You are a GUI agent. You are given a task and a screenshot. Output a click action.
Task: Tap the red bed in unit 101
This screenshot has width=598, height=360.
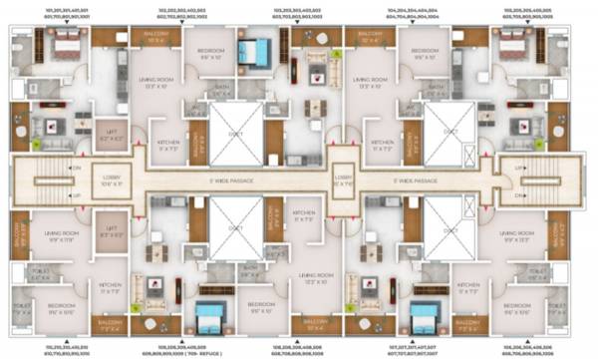pos(67,46)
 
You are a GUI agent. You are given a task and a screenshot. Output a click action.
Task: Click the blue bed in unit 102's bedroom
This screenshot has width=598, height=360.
pos(256,51)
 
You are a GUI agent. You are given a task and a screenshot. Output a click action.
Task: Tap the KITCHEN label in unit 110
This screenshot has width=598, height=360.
pos(110,287)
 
